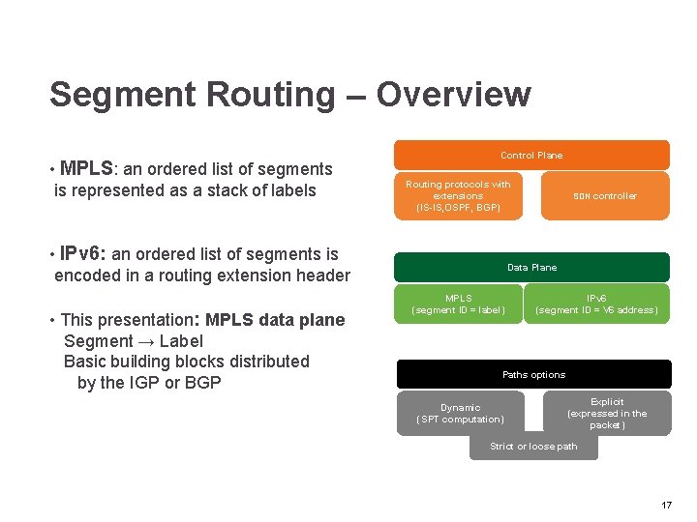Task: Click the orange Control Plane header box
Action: coord(531,155)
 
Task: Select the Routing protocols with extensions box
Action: coord(458,195)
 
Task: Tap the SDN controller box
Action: coord(605,195)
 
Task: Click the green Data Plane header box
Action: coord(531,267)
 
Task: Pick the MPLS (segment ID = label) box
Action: coord(458,304)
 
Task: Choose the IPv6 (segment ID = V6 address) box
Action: coord(596,304)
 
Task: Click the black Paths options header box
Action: coord(533,374)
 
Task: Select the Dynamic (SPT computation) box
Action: coord(460,414)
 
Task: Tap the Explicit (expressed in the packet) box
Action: coord(607,413)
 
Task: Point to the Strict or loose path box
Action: coord(533,447)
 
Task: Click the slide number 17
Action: coord(666,506)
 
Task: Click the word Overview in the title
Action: coord(453,95)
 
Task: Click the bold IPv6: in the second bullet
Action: coord(83,254)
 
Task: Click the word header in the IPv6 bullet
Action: coord(324,275)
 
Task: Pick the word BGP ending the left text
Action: coord(204,383)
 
